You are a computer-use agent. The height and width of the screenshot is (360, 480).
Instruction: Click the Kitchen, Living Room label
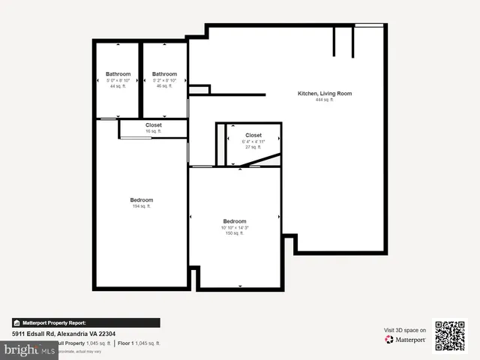pyautogui.click(x=325, y=94)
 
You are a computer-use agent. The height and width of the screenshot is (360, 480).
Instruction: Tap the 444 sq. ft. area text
pyautogui.click(x=324, y=100)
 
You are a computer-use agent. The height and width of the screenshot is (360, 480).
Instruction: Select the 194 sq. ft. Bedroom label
pyautogui.click(x=141, y=200)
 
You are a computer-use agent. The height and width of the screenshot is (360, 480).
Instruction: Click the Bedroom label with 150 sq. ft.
pyautogui.click(x=234, y=221)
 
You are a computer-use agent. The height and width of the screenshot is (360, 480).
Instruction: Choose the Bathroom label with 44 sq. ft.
pyautogui.click(x=118, y=74)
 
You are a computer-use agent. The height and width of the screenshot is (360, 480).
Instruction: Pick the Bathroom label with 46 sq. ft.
pyautogui.click(x=164, y=74)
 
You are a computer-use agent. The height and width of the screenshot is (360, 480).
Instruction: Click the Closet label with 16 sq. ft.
pyautogui.click(x=154, y=125)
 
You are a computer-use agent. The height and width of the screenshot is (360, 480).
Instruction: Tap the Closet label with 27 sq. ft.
pyautogui.click(x=253, y=136)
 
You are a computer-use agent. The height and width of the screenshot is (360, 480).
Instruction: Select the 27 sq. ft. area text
pyautogui.click(x=253, y=147)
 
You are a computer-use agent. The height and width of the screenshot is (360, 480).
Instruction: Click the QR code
pyautogui.click(x=450, y=336)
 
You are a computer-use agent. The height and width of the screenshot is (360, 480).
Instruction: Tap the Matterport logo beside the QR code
pyautogui.click(x=406, y=340)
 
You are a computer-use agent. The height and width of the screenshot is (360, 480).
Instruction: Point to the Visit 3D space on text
pyautogui.click(x=405, y=330)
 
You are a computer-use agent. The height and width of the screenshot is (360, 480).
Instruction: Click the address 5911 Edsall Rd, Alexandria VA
pyautogui.click(x=64, y=334)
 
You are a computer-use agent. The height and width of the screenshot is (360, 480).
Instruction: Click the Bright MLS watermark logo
pyautogui.click(x=28, y=349)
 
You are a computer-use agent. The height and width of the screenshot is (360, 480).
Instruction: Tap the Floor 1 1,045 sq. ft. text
pyautogui.click(x=138, y=343)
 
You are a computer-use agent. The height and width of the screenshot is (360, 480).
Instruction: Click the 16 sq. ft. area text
pyautogui.click(x=154, y=131)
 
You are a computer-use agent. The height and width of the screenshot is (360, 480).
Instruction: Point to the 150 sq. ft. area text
pyautogui.click(x=234, y=233)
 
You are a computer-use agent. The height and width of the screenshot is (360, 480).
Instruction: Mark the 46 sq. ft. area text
pyautogui.click(x=164, y=86)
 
